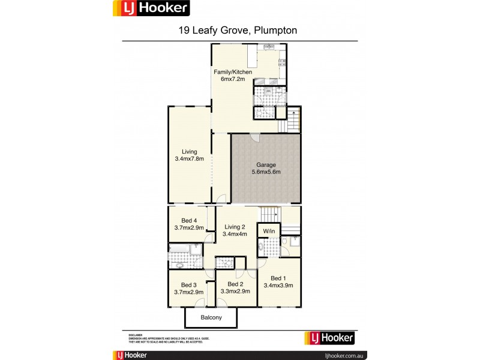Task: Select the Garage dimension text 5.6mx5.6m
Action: [266, 172]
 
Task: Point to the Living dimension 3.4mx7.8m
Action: [190, 159]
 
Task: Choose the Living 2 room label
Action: [235, 226]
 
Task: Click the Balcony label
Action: [211, 317]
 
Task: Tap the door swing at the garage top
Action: [256, 137]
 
